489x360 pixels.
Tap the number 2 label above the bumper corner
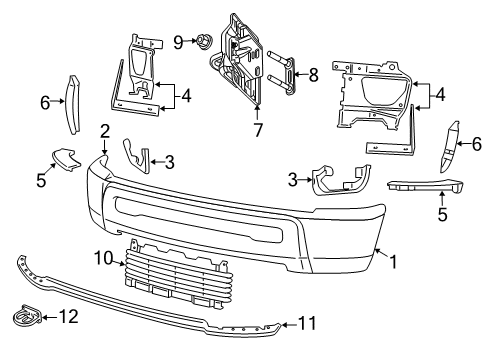[105, 130]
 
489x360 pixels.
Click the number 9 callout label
[179, 41]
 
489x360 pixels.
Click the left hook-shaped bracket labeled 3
[136, 157]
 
